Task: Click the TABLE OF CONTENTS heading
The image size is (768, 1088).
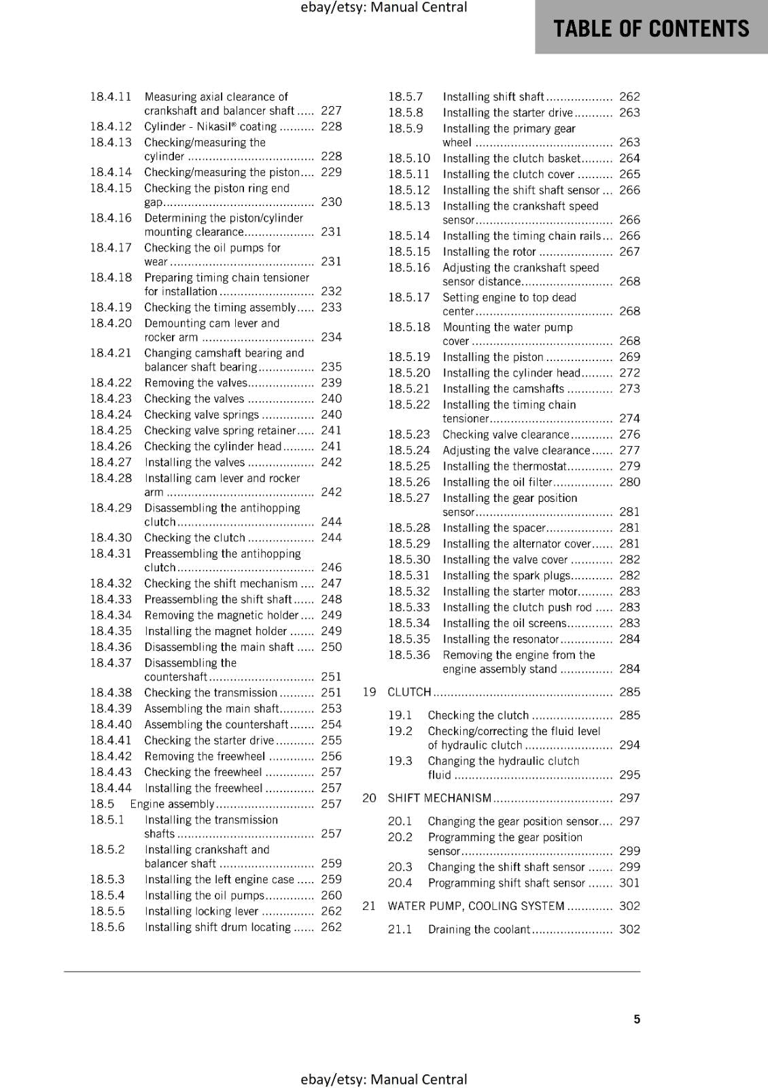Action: click(650, 29)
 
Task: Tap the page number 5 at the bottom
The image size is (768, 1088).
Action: click(637, 1019)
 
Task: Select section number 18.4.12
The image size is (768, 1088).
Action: click(111, 126)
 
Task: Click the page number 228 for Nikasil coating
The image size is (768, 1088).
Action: click(331, 126)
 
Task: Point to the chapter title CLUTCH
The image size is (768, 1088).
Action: click(409, 692)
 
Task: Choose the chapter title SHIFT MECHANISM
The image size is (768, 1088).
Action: click(439, 798)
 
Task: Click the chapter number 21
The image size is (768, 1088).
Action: click(369, 906)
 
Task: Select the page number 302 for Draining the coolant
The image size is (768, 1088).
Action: click(629, 929)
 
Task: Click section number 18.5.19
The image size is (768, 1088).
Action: click(409, 357)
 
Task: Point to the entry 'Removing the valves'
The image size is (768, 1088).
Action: click(196, 383)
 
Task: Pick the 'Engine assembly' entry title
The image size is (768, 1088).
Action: click(172, 804)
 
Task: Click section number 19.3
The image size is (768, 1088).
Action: click(400, 761)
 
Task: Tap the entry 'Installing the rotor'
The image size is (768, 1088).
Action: click(489, 252)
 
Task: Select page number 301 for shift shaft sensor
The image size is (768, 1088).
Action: click(629, 883)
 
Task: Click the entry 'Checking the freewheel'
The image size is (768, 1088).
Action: click(203, 772)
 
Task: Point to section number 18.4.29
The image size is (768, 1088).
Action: click(111, 508)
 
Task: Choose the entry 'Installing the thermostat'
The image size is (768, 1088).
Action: click(504, 466)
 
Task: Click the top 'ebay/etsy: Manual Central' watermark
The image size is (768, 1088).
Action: click(383, 7)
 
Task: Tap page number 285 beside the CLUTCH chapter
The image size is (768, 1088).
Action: click(629, 692)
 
